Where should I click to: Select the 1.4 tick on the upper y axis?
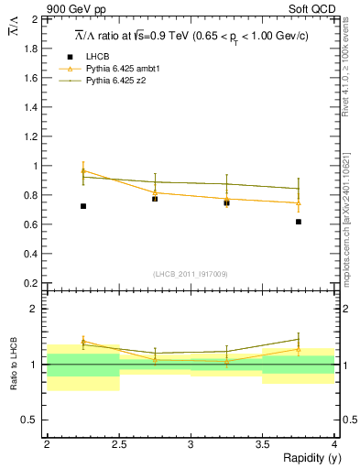[34, 107]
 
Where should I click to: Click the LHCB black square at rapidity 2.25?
[83, 206]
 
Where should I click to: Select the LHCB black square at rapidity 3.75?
[299, 222]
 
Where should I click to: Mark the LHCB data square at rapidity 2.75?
[155, 199]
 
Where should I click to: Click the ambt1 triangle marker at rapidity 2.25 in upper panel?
[83, 171]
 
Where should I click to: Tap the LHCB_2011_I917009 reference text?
[190, 274]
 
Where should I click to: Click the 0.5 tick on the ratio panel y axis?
[34, 420]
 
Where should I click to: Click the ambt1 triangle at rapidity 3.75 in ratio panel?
[299, 349]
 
